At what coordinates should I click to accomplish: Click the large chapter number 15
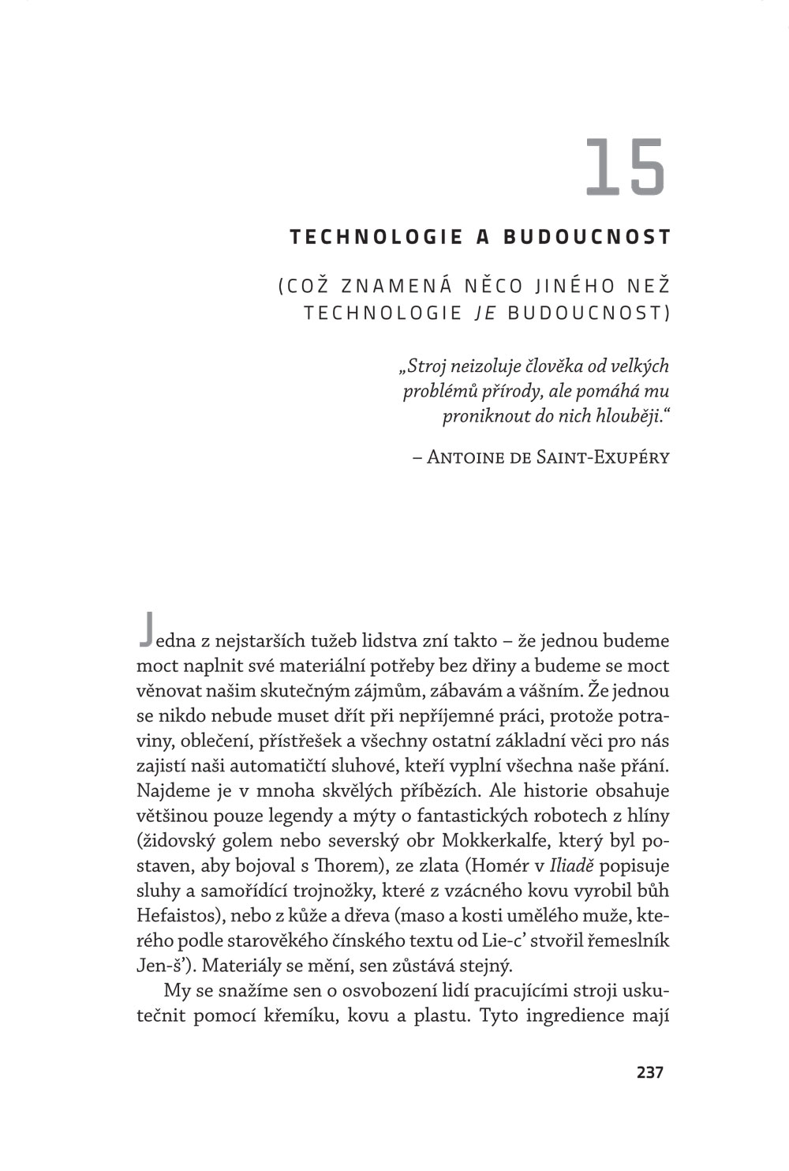(x=626, y=167)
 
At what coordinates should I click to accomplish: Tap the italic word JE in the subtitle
(x=484, y=313)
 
